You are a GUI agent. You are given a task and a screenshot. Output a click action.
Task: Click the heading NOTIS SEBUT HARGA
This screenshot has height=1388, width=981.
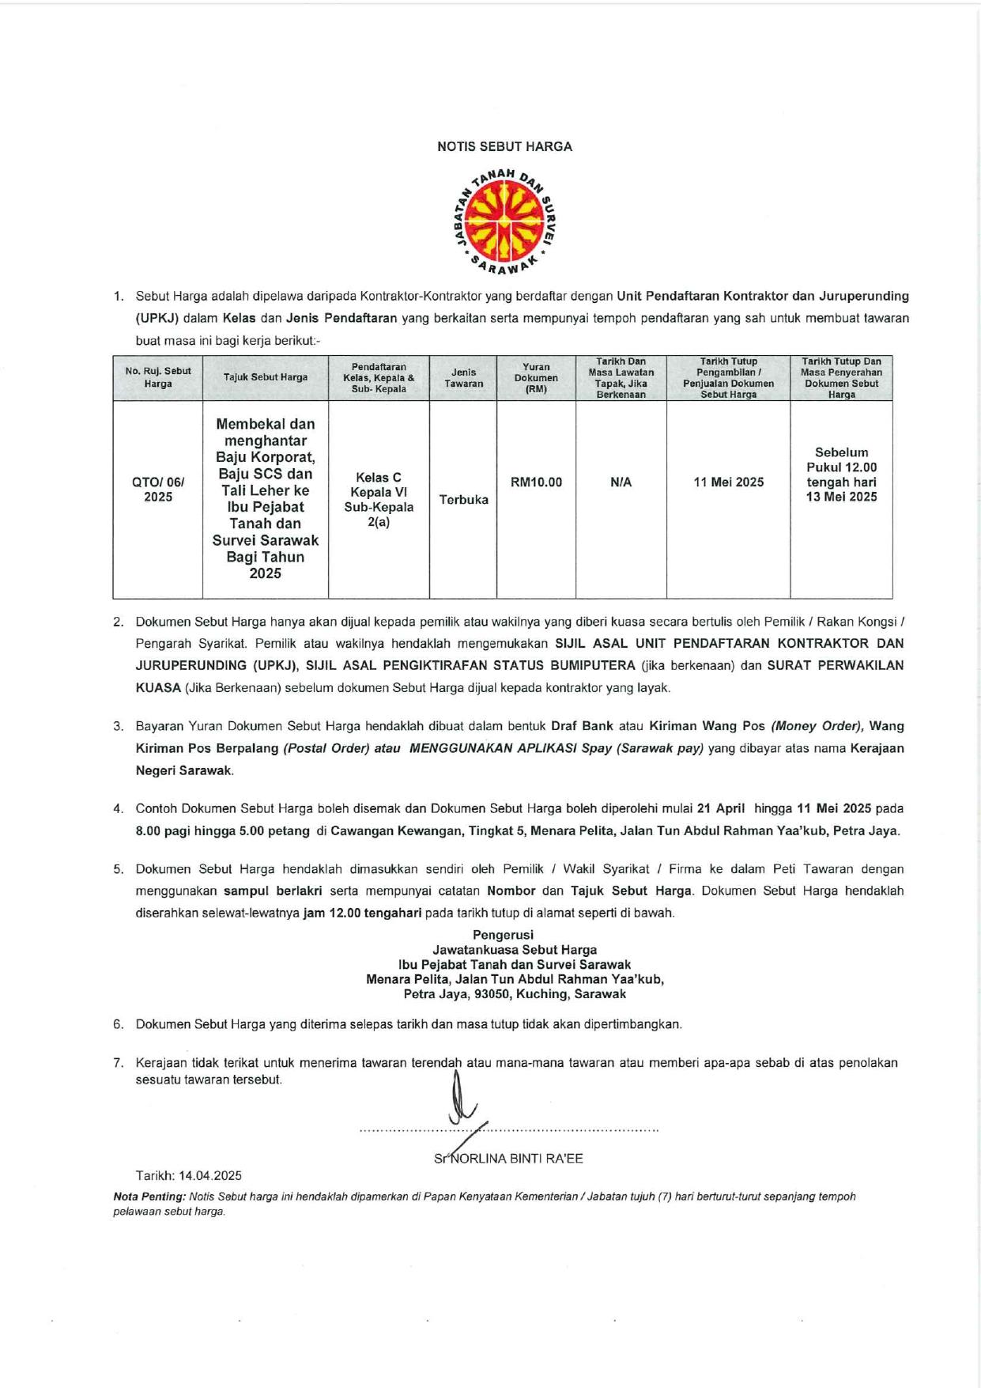point(504,146)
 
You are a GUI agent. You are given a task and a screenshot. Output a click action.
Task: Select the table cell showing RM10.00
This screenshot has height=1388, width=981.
point(536,482)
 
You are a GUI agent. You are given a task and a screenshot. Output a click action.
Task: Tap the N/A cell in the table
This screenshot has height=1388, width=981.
point(621,482)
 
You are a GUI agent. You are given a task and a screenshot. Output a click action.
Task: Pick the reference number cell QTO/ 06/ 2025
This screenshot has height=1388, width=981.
point(158,490)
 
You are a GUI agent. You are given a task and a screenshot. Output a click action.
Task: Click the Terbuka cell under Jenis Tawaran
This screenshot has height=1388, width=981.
point(463,500)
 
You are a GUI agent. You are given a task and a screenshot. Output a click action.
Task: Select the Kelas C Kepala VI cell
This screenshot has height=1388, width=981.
point(379,499)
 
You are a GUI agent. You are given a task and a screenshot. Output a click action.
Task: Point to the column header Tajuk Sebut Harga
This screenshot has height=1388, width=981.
point(266,377)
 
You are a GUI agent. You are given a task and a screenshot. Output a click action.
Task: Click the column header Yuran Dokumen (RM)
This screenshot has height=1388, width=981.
point(536,378)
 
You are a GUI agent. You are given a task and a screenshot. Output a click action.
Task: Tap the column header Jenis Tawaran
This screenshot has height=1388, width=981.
point(463,378)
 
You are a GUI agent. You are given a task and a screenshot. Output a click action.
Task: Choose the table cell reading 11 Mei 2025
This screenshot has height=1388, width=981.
point(728,482)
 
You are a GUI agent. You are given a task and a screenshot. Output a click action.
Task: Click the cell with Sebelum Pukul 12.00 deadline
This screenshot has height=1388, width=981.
point(841,475)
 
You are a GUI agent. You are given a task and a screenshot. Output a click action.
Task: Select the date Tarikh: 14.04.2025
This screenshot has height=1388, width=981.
point(189,1176)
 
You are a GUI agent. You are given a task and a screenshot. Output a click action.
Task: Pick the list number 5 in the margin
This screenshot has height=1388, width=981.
point(119,869)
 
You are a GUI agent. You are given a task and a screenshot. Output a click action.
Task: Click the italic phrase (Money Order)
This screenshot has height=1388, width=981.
point(817,726)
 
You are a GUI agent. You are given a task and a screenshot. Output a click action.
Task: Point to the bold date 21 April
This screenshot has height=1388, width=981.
point(720,808)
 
